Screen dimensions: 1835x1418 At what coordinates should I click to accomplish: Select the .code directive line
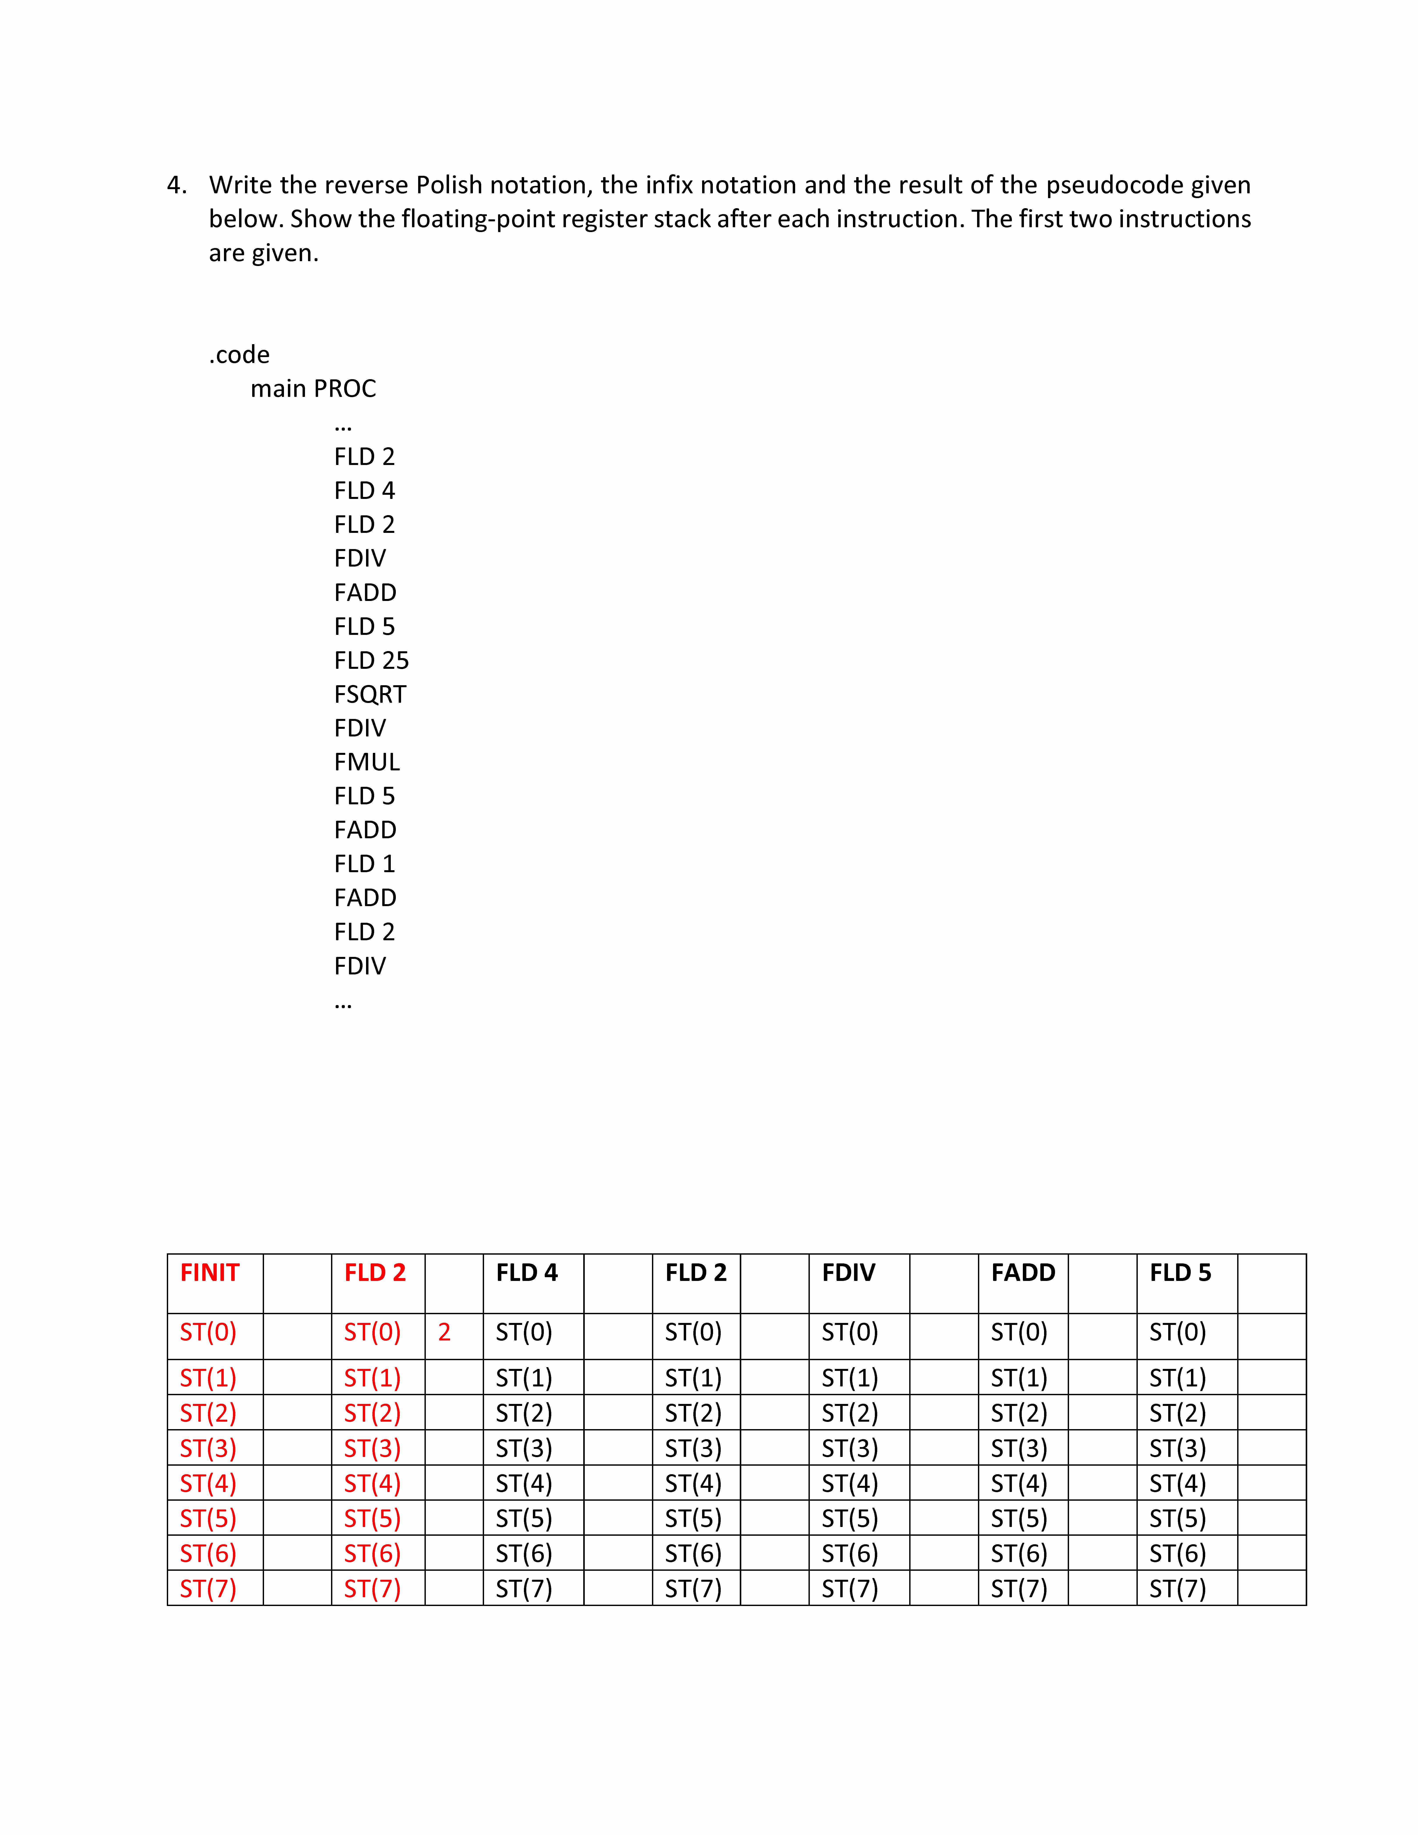tap(240, 355)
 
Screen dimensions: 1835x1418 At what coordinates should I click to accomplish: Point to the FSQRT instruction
tap(370, 694)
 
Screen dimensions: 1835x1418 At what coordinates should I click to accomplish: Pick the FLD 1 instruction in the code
tap(364, 864)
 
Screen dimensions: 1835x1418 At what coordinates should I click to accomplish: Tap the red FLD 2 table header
tap(375, 1273)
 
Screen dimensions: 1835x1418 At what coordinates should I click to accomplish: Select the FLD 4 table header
tap(527, 1273)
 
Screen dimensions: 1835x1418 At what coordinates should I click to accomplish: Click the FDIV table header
tap(848, 1273)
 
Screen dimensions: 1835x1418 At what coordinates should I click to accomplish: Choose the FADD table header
tap(1022, 1273)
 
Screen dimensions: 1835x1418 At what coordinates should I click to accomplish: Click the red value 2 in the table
tap(444, 1332)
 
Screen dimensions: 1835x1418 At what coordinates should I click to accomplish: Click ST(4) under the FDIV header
tap(849, 1483)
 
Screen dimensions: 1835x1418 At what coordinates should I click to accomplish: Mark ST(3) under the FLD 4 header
tap(523, 1448)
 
